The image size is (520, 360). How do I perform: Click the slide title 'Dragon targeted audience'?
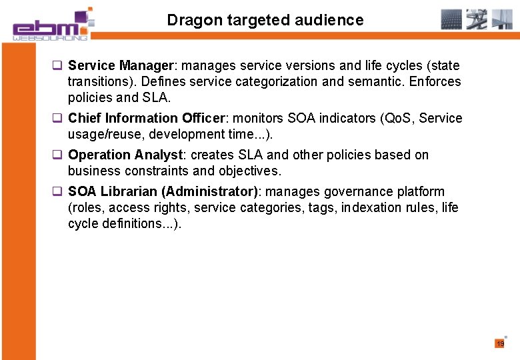point(265,20)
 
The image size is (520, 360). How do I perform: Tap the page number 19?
point(500,344)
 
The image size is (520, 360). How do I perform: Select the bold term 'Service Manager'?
point(121,66)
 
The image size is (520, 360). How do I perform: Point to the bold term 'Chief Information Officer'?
point(147,119)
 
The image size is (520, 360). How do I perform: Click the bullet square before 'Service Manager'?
point(58,66)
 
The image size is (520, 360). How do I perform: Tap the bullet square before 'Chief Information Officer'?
point(58,119)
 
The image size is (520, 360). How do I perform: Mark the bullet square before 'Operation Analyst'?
point(58,155)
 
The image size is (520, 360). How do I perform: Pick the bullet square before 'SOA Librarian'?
point(58,192)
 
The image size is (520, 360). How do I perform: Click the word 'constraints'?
point(157,171)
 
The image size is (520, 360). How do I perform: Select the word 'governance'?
point(359,192)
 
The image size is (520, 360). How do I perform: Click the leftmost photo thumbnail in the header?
point(451,19)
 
